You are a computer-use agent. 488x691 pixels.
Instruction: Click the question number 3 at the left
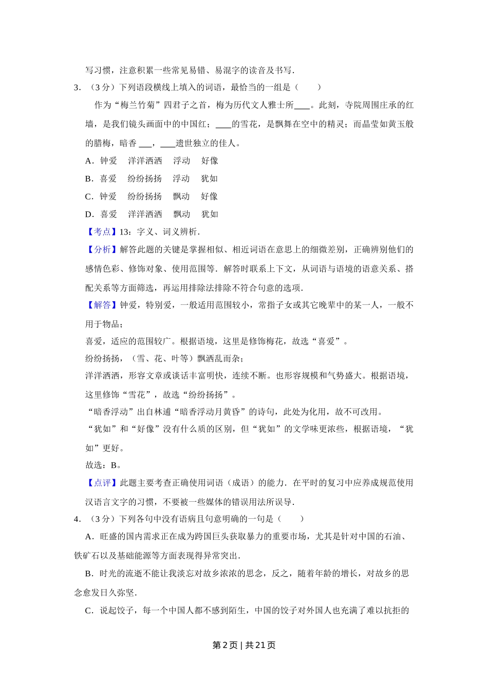(77, 87)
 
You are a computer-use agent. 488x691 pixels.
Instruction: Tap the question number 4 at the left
(77, 519)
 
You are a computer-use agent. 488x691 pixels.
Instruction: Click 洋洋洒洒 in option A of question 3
(145, 161)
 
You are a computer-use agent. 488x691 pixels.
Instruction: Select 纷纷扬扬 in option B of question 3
(145, 178)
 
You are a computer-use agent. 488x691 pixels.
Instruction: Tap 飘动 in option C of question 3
(181, 196)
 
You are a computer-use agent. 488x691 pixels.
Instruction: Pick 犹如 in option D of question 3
(210, 214)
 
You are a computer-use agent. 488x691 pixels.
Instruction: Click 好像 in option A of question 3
(210, 161)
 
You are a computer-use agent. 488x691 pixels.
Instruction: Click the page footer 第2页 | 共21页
(244, 645)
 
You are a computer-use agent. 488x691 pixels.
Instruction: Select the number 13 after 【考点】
(123, 232)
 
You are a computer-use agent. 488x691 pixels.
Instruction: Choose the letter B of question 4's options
(88, 574)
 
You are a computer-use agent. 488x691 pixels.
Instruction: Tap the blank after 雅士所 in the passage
(302, 106)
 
